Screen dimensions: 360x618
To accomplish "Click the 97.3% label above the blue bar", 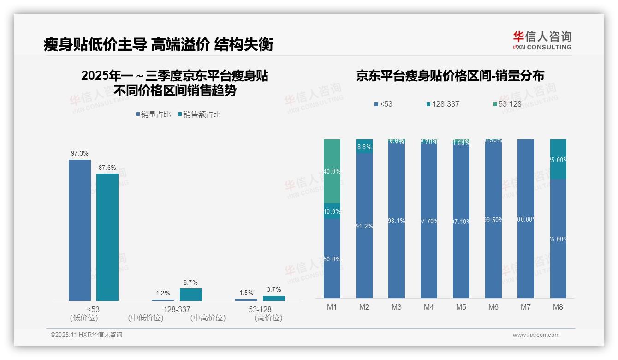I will (79, 153).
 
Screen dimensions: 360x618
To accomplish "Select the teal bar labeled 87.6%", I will (107, 237).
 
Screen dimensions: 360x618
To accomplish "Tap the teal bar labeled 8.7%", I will (191, 294).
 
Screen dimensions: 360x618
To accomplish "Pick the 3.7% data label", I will (274, 289).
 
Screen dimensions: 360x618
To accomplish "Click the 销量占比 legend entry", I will (155, 114).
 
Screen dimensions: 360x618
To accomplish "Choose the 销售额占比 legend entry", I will (199, 114).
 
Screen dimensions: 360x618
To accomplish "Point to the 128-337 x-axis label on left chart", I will (177, 309).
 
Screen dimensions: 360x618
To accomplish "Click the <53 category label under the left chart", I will (93, 309).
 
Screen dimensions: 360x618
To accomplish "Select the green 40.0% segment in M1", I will (332, 171).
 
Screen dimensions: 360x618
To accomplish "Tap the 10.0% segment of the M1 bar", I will (332, 211).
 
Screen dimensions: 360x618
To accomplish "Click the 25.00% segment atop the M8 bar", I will (558, 159).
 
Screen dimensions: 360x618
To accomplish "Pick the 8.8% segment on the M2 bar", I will (364, 146).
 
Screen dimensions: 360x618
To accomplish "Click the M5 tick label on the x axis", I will (461, 307).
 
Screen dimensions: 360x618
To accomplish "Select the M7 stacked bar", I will (526, 219).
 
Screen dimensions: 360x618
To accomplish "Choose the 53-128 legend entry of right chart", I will (507, 104).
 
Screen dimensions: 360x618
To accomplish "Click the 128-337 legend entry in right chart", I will (442, 104).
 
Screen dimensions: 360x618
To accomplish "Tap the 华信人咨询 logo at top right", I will (542, 40).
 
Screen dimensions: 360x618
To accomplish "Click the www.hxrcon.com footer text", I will (536, 335).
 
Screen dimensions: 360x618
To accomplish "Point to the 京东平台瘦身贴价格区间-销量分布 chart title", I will (450, 76).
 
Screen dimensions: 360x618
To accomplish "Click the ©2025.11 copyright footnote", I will (86, 335).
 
